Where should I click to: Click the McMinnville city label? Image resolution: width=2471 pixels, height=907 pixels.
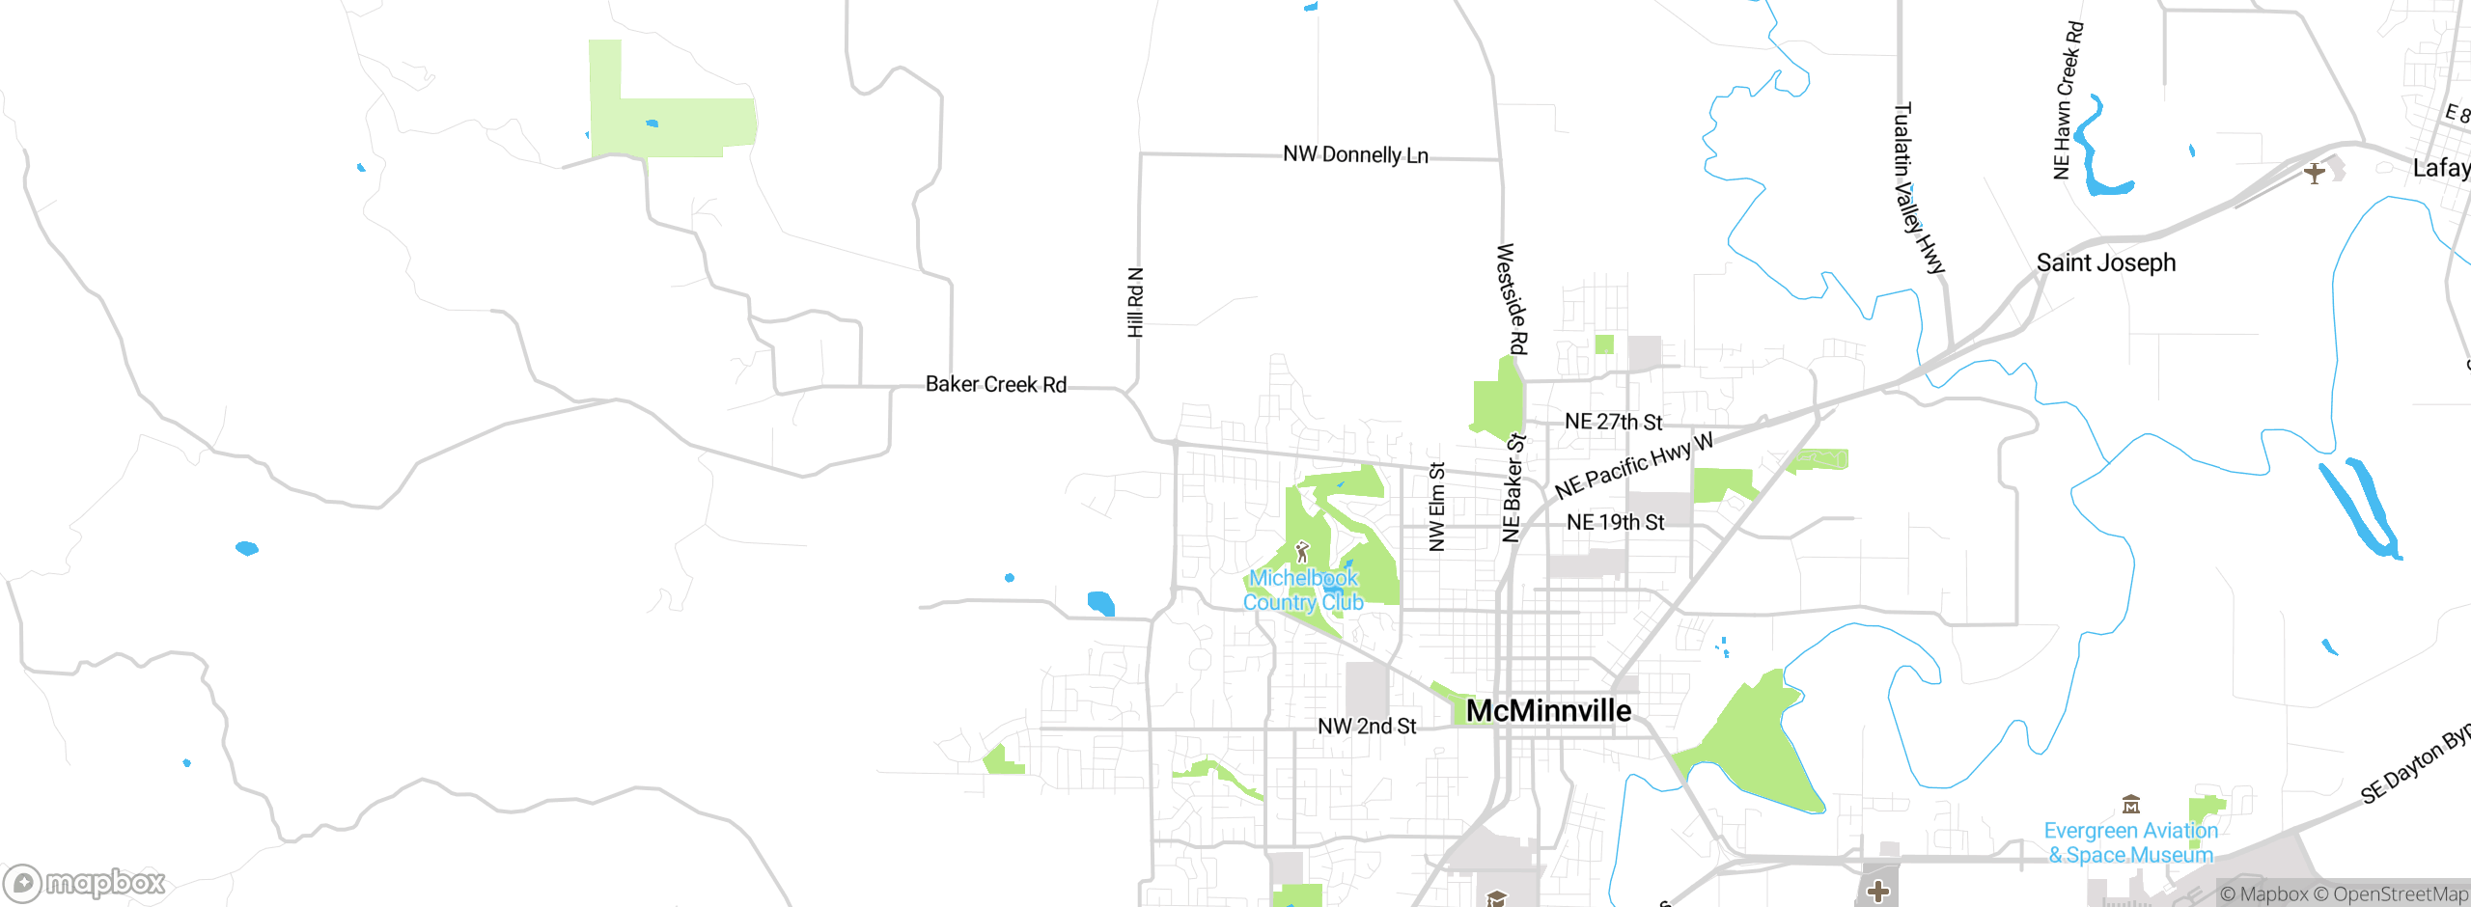click(1548, 711)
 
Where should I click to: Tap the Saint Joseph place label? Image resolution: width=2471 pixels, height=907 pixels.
click(2105, 262)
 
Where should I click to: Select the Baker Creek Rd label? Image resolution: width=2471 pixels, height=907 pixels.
click(995, 384)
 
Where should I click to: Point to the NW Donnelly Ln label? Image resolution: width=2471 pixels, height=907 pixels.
click(1355, 154)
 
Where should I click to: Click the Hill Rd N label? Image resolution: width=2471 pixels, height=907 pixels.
click(1135, 302)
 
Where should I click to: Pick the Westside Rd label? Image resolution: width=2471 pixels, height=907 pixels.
click(1512, 299)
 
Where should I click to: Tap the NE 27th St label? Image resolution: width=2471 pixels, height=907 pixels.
click(1613, 422)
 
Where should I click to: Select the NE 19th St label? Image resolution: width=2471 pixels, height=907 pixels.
click(1615, 522)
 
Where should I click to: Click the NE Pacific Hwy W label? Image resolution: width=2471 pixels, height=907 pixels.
click(1633, 466)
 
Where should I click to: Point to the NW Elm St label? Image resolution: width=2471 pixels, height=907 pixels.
click(1436, 507)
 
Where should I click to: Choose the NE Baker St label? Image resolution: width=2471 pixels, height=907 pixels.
click(1513, 487)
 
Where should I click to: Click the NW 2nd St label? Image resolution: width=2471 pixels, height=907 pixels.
click(1367, 726)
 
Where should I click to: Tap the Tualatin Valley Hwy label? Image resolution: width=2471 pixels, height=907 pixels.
click(1918, 188)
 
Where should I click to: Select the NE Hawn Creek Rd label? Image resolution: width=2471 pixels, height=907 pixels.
click(2068, 100)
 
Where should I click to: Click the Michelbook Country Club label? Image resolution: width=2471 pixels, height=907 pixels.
click(1303, 590)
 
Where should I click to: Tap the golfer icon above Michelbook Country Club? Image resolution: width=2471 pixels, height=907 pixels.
click(1302, 552)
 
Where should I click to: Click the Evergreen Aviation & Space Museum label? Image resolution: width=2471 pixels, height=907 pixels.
click(2130, 842)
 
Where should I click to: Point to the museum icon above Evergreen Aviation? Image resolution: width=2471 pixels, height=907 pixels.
click(2131, 805)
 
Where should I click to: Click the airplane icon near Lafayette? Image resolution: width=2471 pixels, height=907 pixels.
click(2314, 174)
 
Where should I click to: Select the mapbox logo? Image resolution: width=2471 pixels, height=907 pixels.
click(85, 882)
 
